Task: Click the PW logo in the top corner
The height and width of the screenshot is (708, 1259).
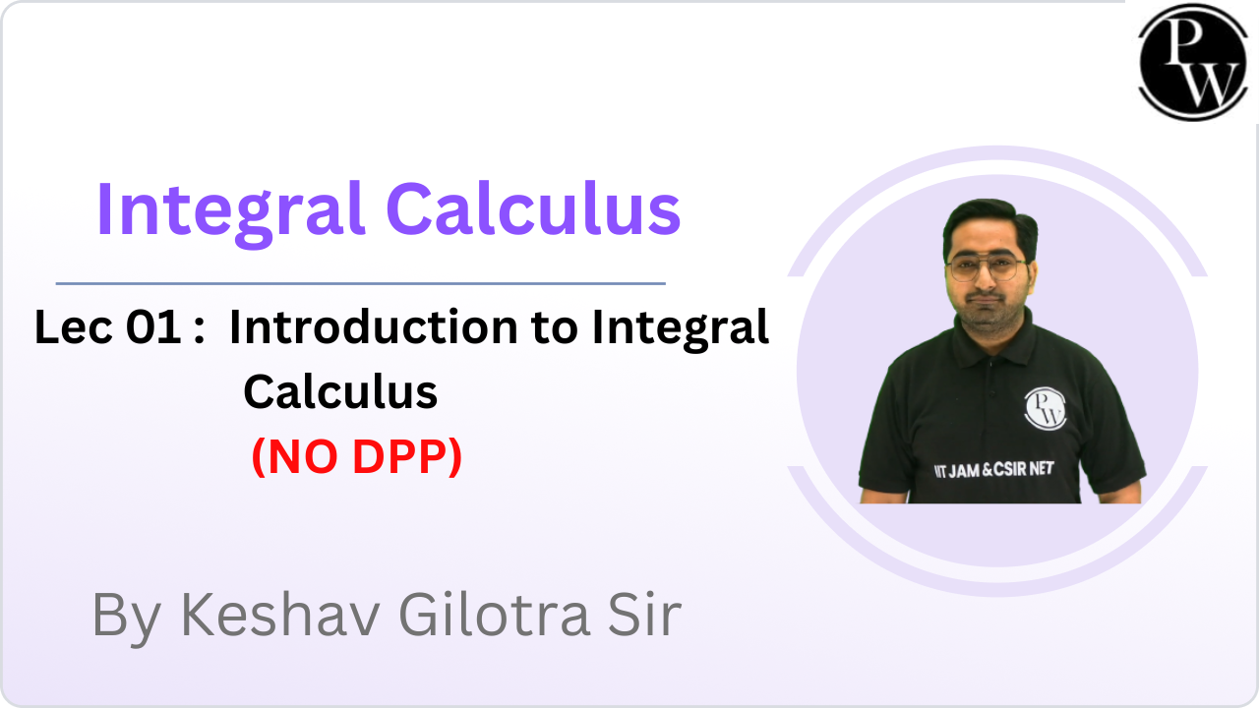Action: pos(1192,61)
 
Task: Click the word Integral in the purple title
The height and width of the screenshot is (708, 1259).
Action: pos(229,209)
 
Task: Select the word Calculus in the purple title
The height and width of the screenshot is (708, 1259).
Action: pos(532,209)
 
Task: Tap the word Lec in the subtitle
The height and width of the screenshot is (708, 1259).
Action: pos(74,327)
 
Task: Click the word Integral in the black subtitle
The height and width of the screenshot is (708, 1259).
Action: pos(680,327)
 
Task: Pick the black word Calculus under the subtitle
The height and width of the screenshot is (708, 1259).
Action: pos(340,391)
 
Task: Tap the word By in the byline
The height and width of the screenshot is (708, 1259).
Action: pos(128,615)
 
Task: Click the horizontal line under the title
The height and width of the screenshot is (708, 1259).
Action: pos(360,283)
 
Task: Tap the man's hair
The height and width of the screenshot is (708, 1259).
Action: pos(988,222)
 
